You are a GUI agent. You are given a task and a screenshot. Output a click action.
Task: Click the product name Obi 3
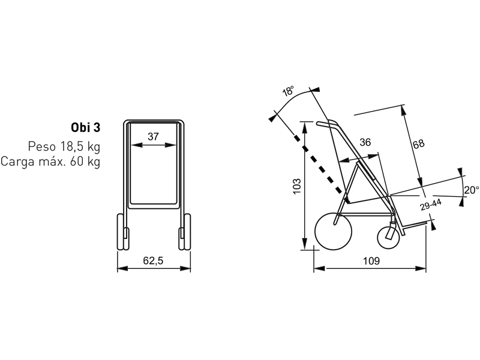point(85,127)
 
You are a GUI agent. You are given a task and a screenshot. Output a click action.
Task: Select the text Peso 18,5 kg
point(64,146)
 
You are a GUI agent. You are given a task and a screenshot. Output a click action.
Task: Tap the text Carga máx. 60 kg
point(50,161)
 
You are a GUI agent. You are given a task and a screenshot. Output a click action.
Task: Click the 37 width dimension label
point(153,137)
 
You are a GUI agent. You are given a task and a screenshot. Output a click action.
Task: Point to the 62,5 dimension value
point(153,260)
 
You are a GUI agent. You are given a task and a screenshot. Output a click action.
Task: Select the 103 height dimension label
point(297,186)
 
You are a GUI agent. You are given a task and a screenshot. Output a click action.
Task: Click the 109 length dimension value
point(371,261)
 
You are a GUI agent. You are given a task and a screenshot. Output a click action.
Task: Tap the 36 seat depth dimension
point(365,142)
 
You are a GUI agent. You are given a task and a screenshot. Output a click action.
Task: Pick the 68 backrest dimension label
point(418,144)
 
